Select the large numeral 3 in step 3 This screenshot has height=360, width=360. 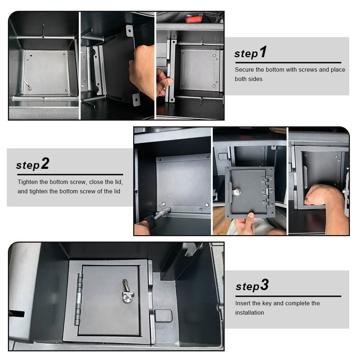[x=265, y=285]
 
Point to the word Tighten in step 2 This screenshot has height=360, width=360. [x=28, y=182]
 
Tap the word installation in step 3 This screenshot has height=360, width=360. [x=249, y=312]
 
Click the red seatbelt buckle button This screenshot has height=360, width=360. [x=194, y=18]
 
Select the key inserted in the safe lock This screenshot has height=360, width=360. [x=127, y=289]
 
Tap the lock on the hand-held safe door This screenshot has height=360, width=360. [x=237, y=192]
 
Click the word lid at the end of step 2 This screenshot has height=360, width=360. [x=117, y=192]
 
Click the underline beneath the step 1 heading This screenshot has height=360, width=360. [x=288, y=62]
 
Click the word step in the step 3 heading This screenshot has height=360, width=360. [x=248, y=287]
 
